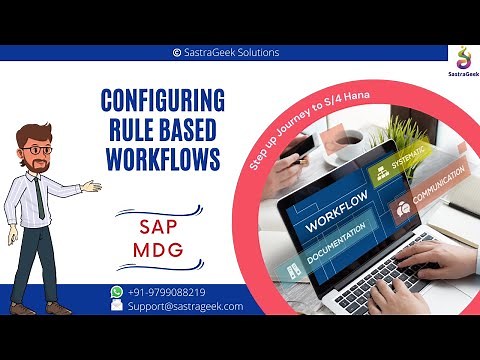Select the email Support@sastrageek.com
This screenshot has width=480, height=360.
coord(185,306)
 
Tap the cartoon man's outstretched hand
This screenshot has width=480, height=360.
coord(93,185)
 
